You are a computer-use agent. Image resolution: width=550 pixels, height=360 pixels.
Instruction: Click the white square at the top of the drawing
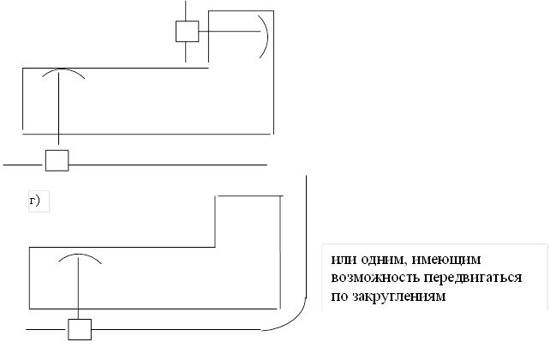point(187,32)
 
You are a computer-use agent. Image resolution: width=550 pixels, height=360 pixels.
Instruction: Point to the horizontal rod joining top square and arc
point(230,32)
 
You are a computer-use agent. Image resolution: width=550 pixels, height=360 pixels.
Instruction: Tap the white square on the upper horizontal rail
point(57,160)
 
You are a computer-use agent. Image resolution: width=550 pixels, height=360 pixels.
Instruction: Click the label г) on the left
point(36,202)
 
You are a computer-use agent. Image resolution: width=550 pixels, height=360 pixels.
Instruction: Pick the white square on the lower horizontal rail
point(80,330)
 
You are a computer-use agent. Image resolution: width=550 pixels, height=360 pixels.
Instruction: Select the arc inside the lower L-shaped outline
point(79,257)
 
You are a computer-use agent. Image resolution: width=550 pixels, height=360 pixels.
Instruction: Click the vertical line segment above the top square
point(187,9)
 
